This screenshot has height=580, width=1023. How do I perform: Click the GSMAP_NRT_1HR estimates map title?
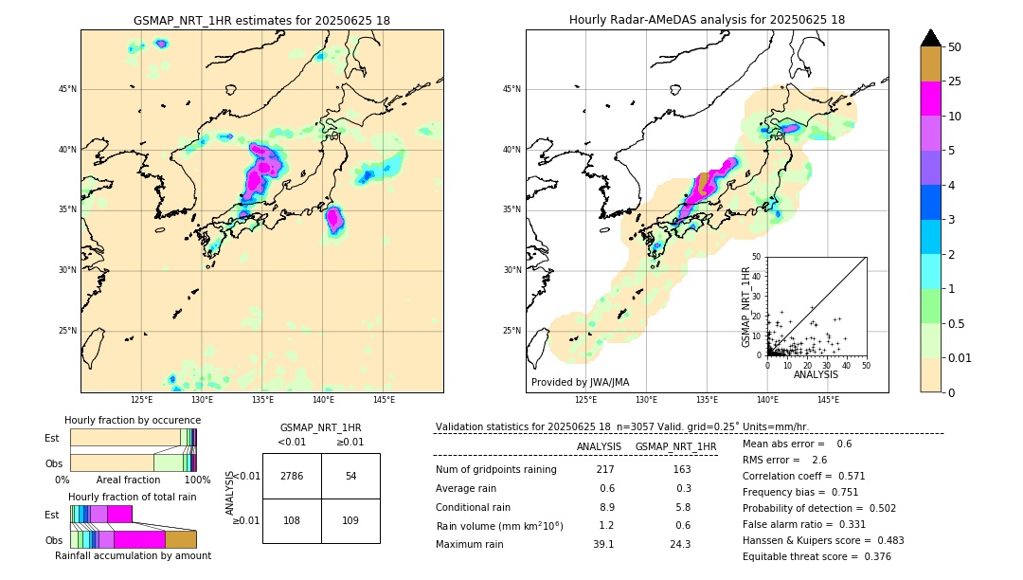(261, 20)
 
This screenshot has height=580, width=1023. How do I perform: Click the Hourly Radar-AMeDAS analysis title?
(707, 20)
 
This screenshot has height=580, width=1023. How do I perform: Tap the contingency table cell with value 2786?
(292, 476)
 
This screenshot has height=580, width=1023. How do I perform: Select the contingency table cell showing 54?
(350, 476)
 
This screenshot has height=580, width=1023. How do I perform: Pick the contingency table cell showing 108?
(292, 520)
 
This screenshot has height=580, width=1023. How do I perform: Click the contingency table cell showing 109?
(350, 520)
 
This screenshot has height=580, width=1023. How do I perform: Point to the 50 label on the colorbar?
(955, 47)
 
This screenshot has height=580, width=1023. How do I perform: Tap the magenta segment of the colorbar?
(930, 99)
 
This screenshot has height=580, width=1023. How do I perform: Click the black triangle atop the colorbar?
(930, 38)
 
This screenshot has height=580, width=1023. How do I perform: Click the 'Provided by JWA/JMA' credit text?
(580, 382)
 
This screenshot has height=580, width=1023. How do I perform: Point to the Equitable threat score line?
(817, 556)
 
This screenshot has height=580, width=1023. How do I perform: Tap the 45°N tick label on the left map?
(67, 89)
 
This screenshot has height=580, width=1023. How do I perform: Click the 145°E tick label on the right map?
(828, 400)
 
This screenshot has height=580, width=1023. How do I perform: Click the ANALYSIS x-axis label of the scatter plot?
(816, 374)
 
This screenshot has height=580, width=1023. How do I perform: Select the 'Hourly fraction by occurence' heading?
(133, 420)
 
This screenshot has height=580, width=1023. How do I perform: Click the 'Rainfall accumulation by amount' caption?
(133, 556)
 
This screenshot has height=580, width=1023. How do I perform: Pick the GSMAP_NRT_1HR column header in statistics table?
(675, 446)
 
